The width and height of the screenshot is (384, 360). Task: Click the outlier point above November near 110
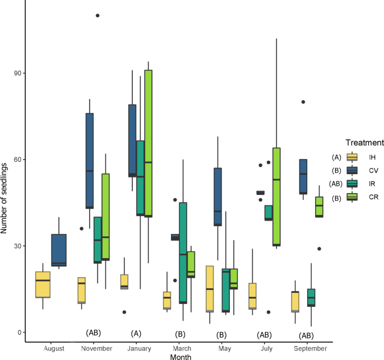98,16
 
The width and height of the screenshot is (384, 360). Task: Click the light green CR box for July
276,197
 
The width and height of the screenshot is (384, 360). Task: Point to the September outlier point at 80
303,102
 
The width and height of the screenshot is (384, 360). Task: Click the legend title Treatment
364,143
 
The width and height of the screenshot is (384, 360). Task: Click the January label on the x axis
136,348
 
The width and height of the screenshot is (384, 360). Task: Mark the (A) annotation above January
136,333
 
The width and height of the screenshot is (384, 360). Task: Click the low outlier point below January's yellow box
124,312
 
